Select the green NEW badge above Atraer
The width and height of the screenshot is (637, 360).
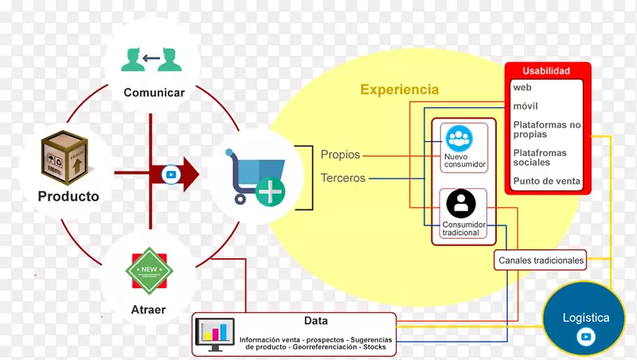(x=149, y=272)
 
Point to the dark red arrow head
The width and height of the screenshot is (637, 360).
(x=189, y=173)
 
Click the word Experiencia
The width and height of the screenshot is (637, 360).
(x=399, y=90)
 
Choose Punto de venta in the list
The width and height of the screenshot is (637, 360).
(x=546, y=182)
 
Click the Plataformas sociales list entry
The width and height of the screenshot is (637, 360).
(x=541, y=156)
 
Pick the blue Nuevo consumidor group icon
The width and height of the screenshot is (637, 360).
(x=459, y=139)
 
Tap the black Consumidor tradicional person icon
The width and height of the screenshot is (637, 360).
(x=460, y=204)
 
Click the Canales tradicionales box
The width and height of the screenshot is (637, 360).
(x=541, y=260)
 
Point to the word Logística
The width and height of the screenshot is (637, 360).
(x=586, y=318)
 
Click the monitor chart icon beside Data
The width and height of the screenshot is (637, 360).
(x=214, y=335)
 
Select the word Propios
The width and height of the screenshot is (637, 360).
(x=340, y=155)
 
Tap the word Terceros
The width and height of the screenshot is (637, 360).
(x=342, y=178)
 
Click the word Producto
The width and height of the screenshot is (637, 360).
(x=68, y=196)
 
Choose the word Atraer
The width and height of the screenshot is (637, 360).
(x=147, y=309)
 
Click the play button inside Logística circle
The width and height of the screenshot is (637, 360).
(x=586, y=338)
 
